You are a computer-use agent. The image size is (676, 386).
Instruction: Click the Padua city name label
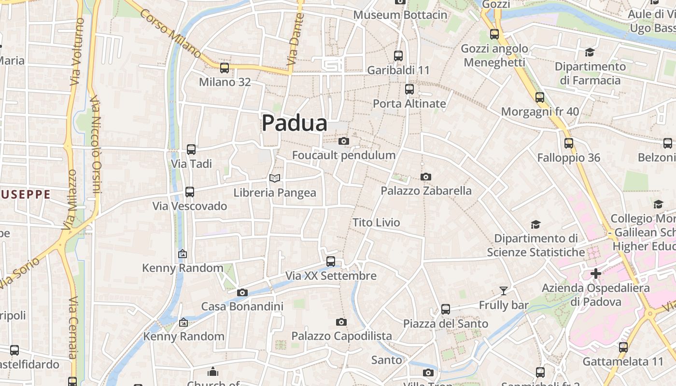click(x=295, y=123)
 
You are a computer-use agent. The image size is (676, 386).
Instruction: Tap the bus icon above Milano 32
click(x=225, y=68)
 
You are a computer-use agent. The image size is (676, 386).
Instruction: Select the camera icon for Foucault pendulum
click(x=343, y=141)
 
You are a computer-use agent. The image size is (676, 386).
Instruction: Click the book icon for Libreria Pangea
click(x=275, y=178)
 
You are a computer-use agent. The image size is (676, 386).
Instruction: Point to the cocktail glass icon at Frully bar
click(x=504, y=290)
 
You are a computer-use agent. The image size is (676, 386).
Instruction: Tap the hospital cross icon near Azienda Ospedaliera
click(x=596, y=274)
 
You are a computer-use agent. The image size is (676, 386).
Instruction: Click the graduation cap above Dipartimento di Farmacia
click(x=590, y=52)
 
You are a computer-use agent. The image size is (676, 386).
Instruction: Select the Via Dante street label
click(x=295, y=40)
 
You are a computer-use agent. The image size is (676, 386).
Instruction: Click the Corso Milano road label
click(x=170, y=33)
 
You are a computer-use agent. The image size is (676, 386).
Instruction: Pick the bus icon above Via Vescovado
click(x=190, y=192)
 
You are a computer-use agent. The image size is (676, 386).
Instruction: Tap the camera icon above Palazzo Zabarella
click(x=425, y=177)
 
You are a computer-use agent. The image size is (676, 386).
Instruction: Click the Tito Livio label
click(x=376, y=222)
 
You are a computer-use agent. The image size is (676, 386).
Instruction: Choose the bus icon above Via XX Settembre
click(x=331, y=262)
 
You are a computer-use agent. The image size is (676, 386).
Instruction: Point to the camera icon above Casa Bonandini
click(x=242, y=292)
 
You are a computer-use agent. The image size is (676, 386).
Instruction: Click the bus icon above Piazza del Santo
click(x=446, y=309)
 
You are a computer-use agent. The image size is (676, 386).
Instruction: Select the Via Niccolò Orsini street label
click(x=95, y=145)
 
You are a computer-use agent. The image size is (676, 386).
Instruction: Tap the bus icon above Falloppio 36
click(x=569, y=143)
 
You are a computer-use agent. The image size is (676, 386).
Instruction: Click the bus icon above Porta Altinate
click(x=409, y=89)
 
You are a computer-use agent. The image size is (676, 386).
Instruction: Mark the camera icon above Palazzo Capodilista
click(x=341, y=322)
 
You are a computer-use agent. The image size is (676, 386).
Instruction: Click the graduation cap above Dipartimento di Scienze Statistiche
click(x=535, y=224)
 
